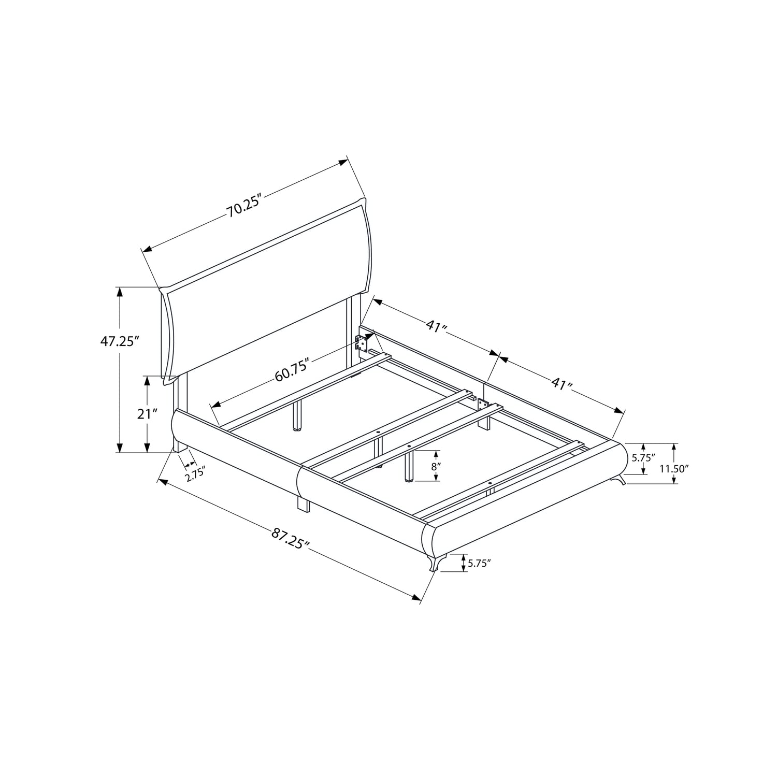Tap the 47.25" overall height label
point(120,342)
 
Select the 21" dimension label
point(147,414)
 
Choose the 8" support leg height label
point(436,466)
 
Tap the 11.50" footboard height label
point(674,469)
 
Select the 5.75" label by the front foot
point(479,564)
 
